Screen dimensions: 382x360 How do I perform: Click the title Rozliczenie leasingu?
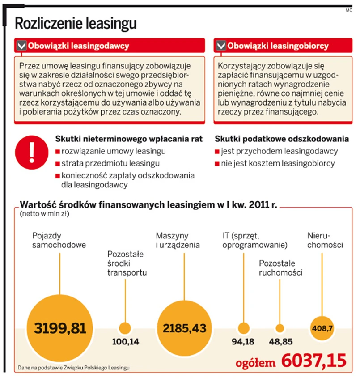76,23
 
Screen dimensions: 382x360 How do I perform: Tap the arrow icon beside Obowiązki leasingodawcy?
21,46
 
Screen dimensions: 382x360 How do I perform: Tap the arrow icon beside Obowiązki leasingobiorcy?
220,46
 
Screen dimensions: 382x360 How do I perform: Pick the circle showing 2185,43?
185,328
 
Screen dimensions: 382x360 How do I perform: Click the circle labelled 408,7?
322,328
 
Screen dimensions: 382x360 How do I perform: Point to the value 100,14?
125,342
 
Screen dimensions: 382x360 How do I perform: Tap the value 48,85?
280,342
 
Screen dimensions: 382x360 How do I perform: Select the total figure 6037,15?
313,360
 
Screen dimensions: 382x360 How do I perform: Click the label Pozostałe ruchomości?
280,267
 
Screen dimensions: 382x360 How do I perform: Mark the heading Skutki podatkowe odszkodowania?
281,139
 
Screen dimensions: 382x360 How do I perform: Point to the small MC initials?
349,10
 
